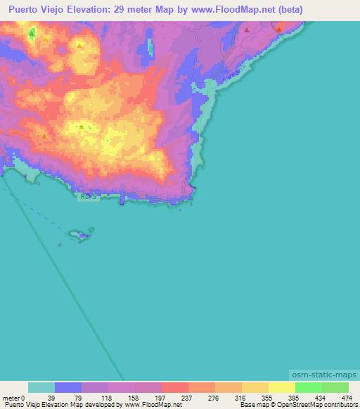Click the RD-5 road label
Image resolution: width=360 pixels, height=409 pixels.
(86, 197)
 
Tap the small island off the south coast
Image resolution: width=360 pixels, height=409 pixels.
(81, 234)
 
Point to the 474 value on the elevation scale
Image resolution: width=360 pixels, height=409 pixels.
(347, 397)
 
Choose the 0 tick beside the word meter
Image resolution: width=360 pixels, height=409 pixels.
(23, 397)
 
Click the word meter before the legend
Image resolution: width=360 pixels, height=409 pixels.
(11, 397)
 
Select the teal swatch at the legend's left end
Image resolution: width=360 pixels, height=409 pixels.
(41, 387)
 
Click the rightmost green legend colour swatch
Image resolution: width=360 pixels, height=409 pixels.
(335, 387)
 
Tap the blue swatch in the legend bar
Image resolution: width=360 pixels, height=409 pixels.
(68, 387)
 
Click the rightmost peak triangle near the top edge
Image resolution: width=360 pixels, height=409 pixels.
(279, 29)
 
